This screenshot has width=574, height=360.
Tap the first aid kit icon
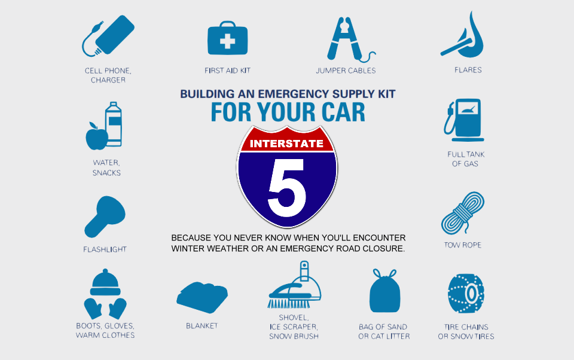227,40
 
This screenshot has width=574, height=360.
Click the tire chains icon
466,293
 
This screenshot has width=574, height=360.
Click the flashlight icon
105,216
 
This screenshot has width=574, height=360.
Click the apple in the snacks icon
96,136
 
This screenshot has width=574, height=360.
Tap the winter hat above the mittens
105,282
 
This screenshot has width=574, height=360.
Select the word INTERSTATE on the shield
286,144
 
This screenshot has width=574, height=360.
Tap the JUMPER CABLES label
346,71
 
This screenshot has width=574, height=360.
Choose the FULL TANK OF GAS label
466,159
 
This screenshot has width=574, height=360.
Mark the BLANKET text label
201,326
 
